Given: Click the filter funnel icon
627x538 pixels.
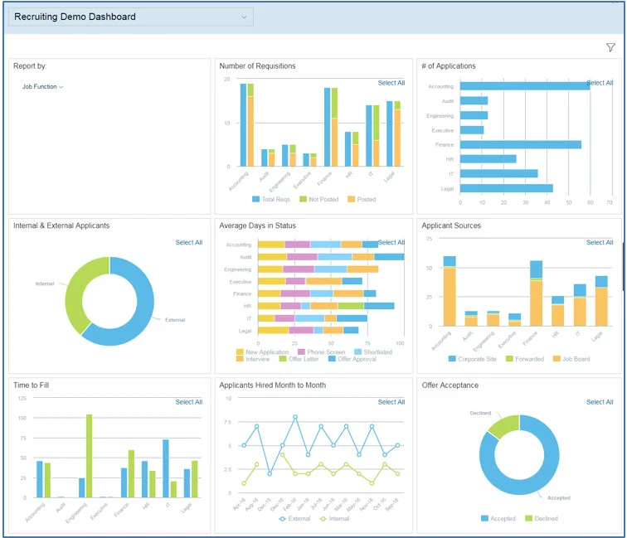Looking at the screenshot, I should [x=610, y=48].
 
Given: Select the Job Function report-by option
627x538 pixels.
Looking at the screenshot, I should [x=42, y=87].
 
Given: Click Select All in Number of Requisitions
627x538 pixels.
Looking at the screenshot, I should [x=391, y=83].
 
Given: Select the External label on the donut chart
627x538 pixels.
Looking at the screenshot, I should [x=175, y=320].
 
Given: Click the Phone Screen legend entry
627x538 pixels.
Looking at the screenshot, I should [x=324, y=352].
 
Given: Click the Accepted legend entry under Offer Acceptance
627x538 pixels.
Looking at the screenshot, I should [x=500, y=518].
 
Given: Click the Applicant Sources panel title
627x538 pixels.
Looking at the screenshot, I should [x=450, y=225].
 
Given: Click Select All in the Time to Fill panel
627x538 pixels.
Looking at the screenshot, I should [x=189, y=402].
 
